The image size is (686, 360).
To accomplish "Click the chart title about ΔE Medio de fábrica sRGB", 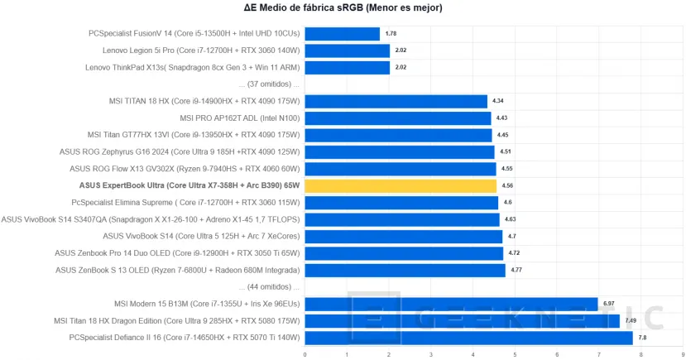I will pyautogui.click(x=343, y=8).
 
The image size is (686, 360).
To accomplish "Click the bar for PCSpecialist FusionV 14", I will pyautogui.click(x=342, y=34).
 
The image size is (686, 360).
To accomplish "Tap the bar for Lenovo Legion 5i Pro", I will pyautogui.click(x=347, y=50).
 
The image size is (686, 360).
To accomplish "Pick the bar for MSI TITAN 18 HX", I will pyautogui.click(x=396, y=101).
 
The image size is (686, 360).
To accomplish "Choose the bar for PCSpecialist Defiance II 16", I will pyautogui.click(x=468, y=337).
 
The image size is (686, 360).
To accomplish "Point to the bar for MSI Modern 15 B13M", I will pyautogui.click(x=451, y=303).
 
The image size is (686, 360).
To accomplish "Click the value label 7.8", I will pyautogui.click(x=642, y=338).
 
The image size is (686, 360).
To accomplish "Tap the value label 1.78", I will pyautogui.click(x=391, y=34).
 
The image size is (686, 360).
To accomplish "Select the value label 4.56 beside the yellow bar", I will pyautogui.click(x=507, y=185).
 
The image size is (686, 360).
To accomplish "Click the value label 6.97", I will pyautogui.click(x=609, y=303).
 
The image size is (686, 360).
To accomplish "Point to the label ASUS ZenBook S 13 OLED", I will pyautogui.click(x=176, y=270).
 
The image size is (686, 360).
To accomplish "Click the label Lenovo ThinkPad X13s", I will pyautogui.click(x=191, y=67).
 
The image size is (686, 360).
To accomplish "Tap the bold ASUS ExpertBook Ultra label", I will pyautogui.click(x=189, y=185).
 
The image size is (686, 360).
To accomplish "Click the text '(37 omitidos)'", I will pyautogui.click(x=268, y=84).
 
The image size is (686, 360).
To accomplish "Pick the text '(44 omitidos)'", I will pyautogui.click(x=268, y=286).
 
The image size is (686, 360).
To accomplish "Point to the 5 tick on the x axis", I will pyautogui.click(x=514, y=354).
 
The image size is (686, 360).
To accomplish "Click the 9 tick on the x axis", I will pyautogui.click(x=681, y=354).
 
